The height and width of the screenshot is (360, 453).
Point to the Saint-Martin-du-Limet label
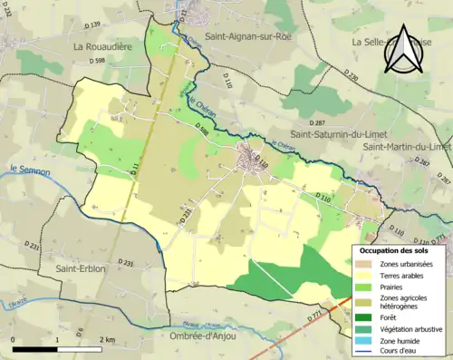tap(406, 146)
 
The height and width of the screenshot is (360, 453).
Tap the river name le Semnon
tap(27, 169)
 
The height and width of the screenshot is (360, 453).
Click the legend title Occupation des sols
tap(394, 249)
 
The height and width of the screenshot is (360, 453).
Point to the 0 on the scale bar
tap(14, 339)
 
